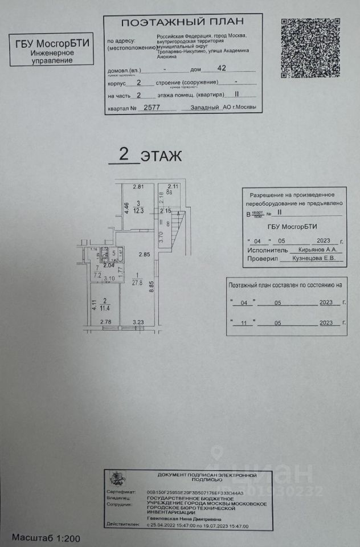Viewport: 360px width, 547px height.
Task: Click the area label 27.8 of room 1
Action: click(x=137, y=281)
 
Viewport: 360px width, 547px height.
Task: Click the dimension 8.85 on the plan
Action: click(x=152, y=290)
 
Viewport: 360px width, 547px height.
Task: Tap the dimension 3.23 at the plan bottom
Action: click(x=138, y=324)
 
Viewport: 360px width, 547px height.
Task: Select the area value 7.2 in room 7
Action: click(x=97, y=275)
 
